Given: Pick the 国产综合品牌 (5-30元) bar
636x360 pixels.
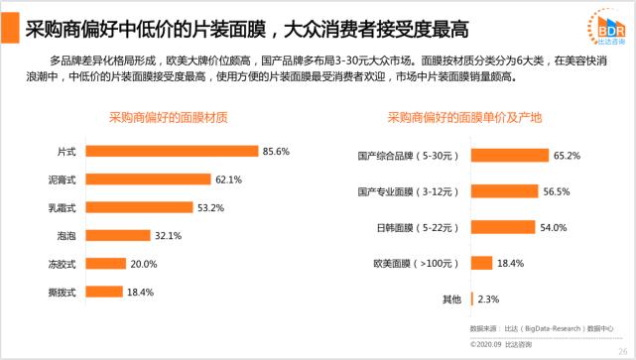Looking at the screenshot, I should [x=508, y=155].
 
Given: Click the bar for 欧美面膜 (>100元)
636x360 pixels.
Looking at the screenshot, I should [x=481, y=263].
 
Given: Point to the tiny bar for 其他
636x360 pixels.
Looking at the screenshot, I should [x=471, y=299].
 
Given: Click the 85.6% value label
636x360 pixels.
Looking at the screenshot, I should [x=276, y=151].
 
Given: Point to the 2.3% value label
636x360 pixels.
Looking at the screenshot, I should [x=488, y=299].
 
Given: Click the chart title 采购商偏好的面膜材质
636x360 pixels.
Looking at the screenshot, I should [x=168, y=117].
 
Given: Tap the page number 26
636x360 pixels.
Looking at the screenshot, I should [x=622, y=344].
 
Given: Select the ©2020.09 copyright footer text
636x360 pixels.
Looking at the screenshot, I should [x=501, y=343].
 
